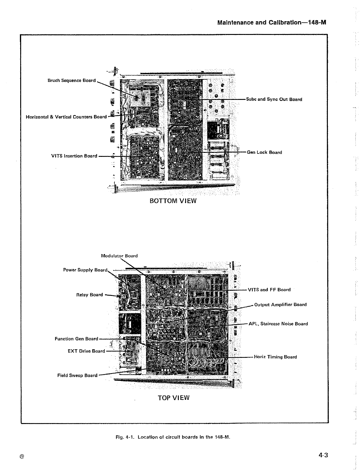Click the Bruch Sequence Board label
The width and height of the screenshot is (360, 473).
(72, 81)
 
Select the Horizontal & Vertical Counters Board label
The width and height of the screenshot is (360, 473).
(66, 117)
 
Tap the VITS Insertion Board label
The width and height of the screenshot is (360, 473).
(74, 156)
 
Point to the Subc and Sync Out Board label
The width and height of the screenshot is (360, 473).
(274, 99)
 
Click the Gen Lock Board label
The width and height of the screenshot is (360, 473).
(264, 152)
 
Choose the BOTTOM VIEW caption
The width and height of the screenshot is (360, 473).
(173, 201)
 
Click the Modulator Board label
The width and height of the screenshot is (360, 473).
(119, 256)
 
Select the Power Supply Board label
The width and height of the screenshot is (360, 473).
(85, 270)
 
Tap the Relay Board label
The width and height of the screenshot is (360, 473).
(89, 295)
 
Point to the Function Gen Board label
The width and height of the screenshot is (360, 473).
(76, 339)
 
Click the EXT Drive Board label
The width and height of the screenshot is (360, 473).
(86, 351)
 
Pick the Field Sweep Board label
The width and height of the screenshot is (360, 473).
(77, 375)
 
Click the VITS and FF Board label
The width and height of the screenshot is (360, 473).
(269, 289)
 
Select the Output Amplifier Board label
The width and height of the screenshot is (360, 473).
(280, 305)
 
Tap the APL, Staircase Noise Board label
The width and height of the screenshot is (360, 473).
(278, 324)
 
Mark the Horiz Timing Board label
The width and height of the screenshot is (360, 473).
(276, 357)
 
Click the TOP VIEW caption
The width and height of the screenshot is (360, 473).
(174, 398)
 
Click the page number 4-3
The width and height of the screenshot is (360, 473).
(323, 455)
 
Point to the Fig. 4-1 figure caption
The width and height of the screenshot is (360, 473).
(173, 437)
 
